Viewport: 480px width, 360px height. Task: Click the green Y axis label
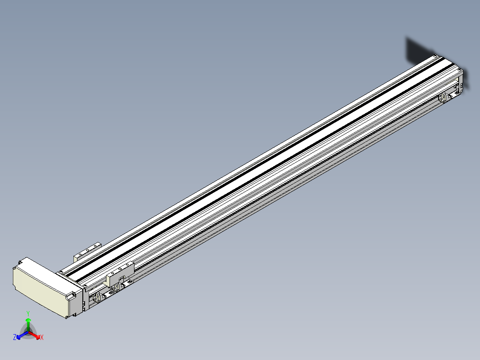pos(28,313)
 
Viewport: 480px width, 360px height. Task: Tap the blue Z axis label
pos(15,337)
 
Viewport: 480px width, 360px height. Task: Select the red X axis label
pos(42,337)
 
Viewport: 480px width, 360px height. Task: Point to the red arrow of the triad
pos(34,335)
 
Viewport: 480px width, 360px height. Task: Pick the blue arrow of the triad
pos(22,335)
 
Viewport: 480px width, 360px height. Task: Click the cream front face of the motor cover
pos(39,292)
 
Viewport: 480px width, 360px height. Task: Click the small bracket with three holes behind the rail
pos(88,251)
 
